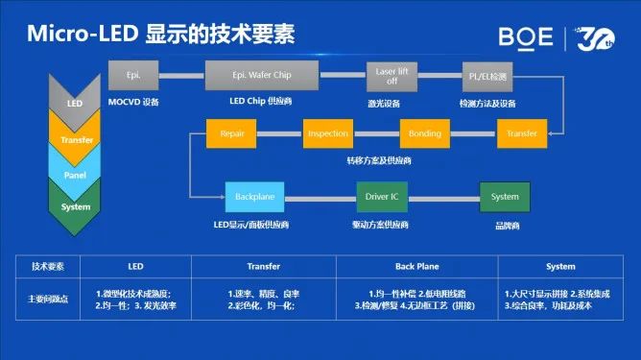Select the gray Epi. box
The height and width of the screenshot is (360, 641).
tap(134, 73)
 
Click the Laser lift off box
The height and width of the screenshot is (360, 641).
tap(388, 73)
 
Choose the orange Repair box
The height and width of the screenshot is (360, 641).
tap(233, 133)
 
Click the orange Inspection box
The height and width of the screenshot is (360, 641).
tap(328, 133)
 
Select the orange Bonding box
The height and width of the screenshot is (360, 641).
tap(425, 133)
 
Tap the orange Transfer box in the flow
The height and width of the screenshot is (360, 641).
tap(521, 133)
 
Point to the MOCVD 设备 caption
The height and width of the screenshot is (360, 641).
tap(134, 101)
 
